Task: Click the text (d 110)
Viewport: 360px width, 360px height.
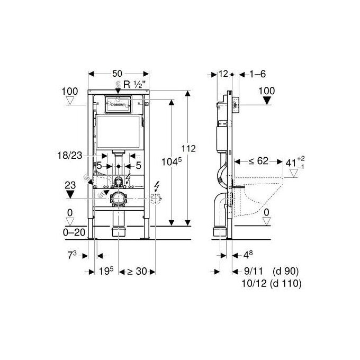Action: click(x=286, y=284)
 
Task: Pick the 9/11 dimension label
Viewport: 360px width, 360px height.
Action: click(x=251, y=271)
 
